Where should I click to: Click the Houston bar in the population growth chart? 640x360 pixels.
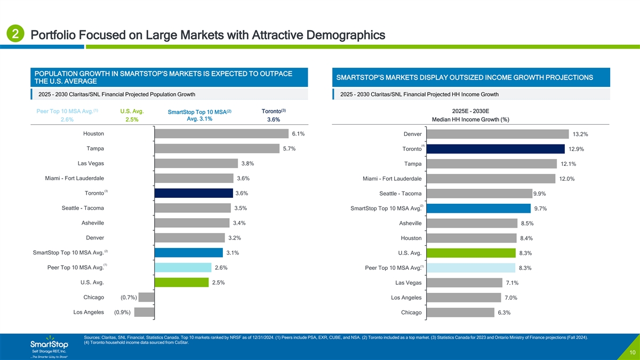(221, 133)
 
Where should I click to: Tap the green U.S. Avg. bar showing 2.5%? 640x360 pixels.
(181, 283)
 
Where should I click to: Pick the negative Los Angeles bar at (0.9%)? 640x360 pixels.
(144, 313)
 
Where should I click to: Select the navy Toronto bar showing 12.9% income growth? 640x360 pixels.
(495, 148)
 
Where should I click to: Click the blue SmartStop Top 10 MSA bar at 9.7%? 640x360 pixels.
(478, 208)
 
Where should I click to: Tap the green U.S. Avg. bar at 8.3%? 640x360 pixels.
(471, 253)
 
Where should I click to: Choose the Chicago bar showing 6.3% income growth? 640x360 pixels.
(460, 313)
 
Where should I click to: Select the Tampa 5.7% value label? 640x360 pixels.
(290, 148)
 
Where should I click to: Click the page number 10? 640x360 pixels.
(631, 353)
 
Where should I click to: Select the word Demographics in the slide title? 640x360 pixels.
(341, 36)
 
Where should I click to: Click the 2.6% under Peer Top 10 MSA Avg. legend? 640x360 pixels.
(67, 120)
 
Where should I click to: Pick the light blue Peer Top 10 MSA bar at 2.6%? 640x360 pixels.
(182, 268)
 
